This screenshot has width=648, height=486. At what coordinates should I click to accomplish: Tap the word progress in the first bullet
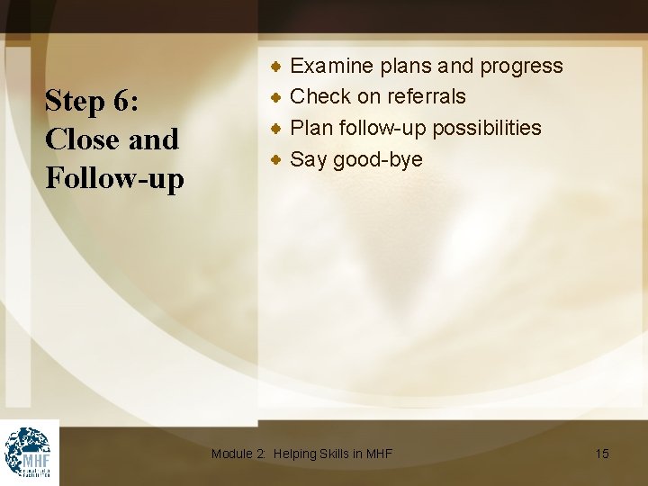[521, 67]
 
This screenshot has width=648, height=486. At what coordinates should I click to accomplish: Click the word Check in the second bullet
[320, 96]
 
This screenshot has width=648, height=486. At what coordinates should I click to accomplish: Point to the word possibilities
[487, 128]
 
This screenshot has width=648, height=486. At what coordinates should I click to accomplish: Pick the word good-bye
[377, 160]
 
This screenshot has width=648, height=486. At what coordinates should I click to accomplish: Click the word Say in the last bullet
[309, 160]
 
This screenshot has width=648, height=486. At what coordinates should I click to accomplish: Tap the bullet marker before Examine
[278, 66]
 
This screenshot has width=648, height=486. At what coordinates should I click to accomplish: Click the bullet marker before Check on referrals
[278, 96]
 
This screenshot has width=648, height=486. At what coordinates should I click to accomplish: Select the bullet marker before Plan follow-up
[278, 128]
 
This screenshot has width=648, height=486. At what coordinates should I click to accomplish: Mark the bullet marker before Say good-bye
[278, 159]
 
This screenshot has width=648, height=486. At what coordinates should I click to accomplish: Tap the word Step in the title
[76, 101]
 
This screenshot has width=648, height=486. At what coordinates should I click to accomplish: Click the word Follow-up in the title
[114, 178]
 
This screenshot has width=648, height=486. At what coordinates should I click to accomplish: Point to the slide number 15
[602, 454]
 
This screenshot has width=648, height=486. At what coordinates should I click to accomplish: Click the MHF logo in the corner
[29, 452]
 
